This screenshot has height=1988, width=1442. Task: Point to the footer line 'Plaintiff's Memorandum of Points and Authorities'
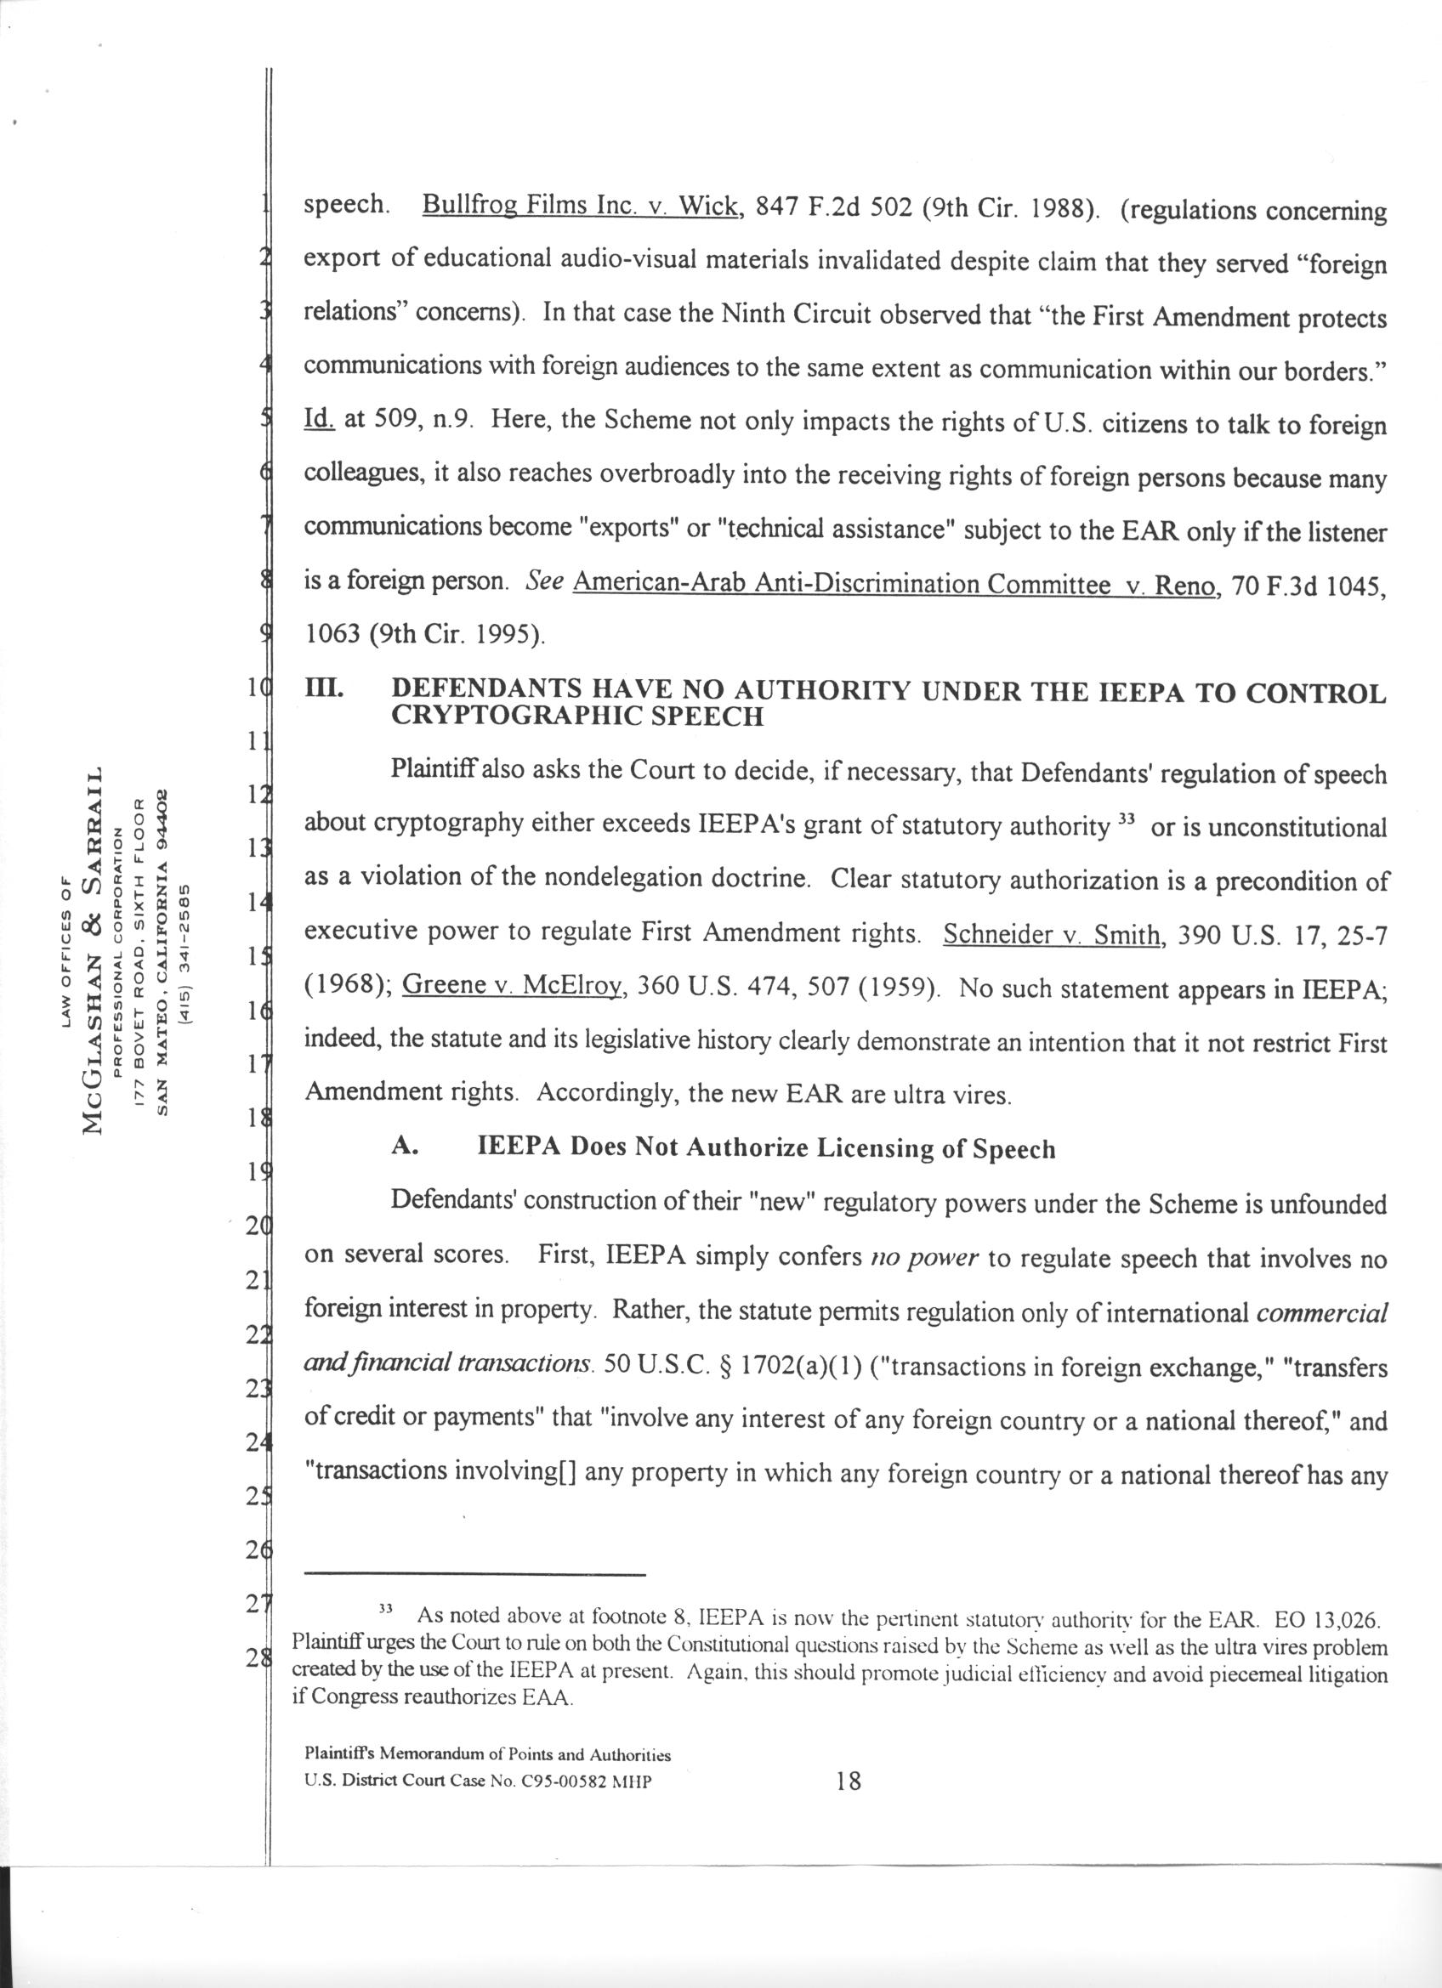487,1755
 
